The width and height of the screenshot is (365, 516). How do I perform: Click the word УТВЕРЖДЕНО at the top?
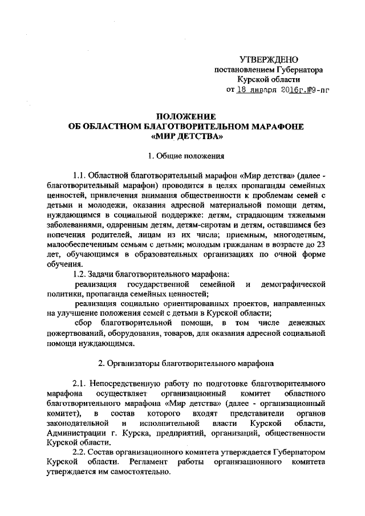tap(268, 59)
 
